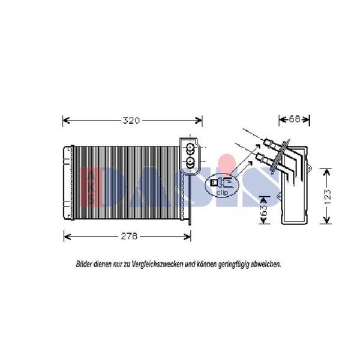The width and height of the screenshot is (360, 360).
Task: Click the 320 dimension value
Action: (131, 121)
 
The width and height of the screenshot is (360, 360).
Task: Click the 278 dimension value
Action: (129, 236)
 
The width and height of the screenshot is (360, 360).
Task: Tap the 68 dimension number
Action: (295, 119)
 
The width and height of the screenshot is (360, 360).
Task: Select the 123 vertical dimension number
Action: (328, 197)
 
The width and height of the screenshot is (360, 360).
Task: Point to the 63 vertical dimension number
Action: (264, 210)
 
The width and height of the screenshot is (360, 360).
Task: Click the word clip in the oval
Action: (222, 193)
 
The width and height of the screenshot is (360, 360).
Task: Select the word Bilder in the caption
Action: (84, 264)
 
